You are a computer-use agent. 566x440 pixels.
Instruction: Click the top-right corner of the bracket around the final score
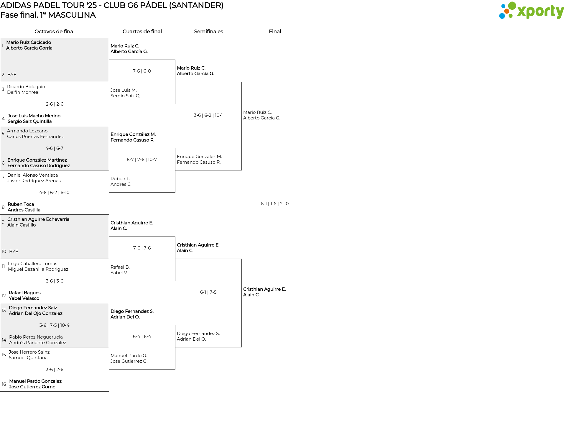click(x=308, y=126)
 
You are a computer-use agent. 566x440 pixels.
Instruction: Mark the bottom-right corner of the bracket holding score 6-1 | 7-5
click(x=241, y=347)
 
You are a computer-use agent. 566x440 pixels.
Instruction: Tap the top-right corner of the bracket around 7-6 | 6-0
click(x=175, y=60)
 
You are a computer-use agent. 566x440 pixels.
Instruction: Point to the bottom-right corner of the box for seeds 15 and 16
click(x=109, y=391)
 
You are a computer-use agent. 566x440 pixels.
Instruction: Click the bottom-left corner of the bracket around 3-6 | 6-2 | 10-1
click(x=175, y=170)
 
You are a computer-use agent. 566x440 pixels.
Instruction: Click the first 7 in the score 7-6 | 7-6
click(x=134, y=248)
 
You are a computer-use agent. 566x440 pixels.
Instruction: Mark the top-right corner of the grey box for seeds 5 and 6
click(x=109, y=126)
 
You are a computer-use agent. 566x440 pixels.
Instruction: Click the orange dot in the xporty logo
click(x=506, y=11)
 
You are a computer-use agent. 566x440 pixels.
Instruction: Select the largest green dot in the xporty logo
click(x=512, y=6)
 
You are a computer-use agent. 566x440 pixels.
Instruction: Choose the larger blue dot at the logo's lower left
click(x=502, y=16)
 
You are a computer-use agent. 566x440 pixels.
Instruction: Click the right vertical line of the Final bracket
click(x=308, y=214)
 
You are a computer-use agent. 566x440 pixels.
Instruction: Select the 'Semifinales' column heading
click(x=208, y=32)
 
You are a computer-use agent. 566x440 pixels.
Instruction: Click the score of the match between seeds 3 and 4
click(x=55, y=104)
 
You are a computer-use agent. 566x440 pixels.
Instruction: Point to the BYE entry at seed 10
click(x=14, y=252)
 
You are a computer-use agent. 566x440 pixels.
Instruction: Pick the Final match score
click(x=275, y=204)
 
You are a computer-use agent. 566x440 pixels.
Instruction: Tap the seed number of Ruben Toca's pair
click(x=3, y=207)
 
